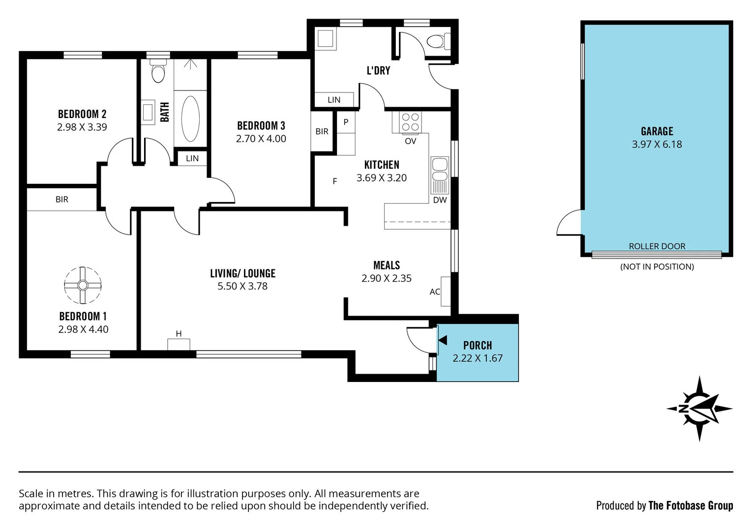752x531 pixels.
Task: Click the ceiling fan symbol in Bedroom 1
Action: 83,285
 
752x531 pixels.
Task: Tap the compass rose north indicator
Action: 699,408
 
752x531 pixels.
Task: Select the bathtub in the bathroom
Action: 190,118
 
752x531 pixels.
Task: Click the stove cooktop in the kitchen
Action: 410,122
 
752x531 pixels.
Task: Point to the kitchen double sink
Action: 439,170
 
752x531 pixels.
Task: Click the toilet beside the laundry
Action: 438,41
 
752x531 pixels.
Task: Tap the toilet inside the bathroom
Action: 158,72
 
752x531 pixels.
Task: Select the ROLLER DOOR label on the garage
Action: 657,246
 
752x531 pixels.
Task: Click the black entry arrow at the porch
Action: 442,340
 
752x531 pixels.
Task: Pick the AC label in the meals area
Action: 435,292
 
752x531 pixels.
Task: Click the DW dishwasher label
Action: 440,200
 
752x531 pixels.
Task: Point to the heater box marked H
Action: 179,344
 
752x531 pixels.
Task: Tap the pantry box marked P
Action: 346,122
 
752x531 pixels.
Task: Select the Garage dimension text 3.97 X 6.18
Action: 657,145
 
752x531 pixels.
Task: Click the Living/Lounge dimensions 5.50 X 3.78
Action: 242,286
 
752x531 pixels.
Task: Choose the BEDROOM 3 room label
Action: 261,126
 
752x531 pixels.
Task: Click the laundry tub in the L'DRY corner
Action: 325,38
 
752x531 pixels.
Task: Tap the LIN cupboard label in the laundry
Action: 334,100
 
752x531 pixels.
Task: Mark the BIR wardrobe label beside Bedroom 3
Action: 322,131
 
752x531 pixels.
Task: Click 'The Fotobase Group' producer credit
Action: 691,505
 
